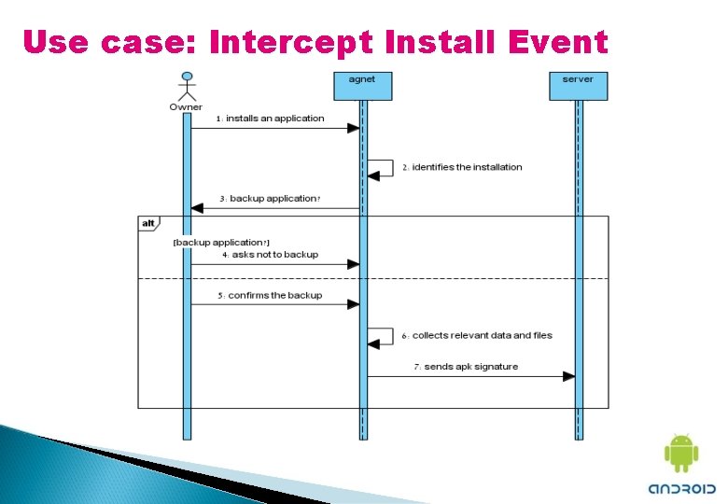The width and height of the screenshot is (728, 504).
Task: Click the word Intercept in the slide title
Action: [x=293, y=42]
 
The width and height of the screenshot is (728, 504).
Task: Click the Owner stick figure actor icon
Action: [x=187, y=85]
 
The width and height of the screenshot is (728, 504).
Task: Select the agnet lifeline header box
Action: [x=362, y=85]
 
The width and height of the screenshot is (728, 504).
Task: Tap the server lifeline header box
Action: [x=578, y=85]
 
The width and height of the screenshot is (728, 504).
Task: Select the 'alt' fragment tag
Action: [x=148, y=223]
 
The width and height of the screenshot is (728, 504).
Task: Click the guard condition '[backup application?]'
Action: [x=221, y=243]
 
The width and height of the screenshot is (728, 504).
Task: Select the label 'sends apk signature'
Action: [x=470, y=367]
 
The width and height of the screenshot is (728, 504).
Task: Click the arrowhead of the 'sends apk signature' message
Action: [x=568, y=376]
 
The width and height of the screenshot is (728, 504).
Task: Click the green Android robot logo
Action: [x=680, y=454]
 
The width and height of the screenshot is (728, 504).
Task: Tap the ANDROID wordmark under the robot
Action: [x=681, y=488]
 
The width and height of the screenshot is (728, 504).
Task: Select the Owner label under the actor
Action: [x=186, y=106]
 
